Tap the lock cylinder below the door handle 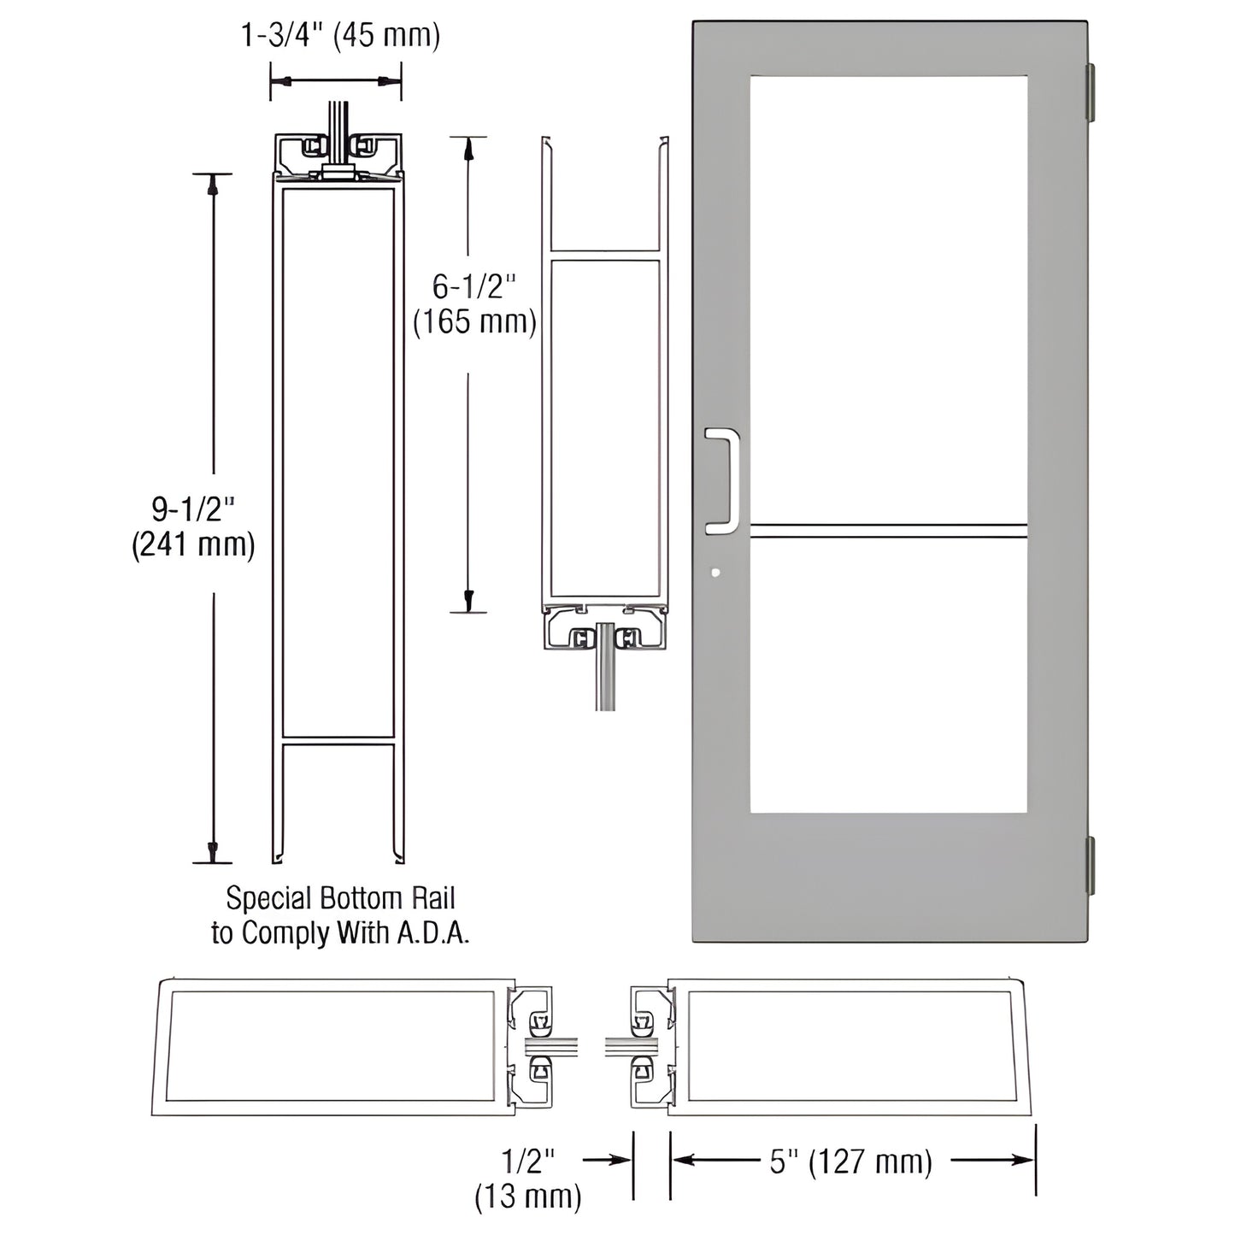(x=715, y=573)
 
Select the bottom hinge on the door (x=1091, y=867)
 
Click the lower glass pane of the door (x=888, y=675)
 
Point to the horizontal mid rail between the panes (x=888, y=531)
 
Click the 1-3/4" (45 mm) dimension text (x=340, y=36)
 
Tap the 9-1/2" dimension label (x=193, y=509)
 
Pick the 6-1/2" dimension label (x=474, y=286)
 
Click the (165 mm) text (x=474, y=322)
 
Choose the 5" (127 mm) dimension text (x=850, y=1161)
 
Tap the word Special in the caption (x=268, y=898)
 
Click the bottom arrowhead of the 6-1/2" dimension (x=468, y=598)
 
